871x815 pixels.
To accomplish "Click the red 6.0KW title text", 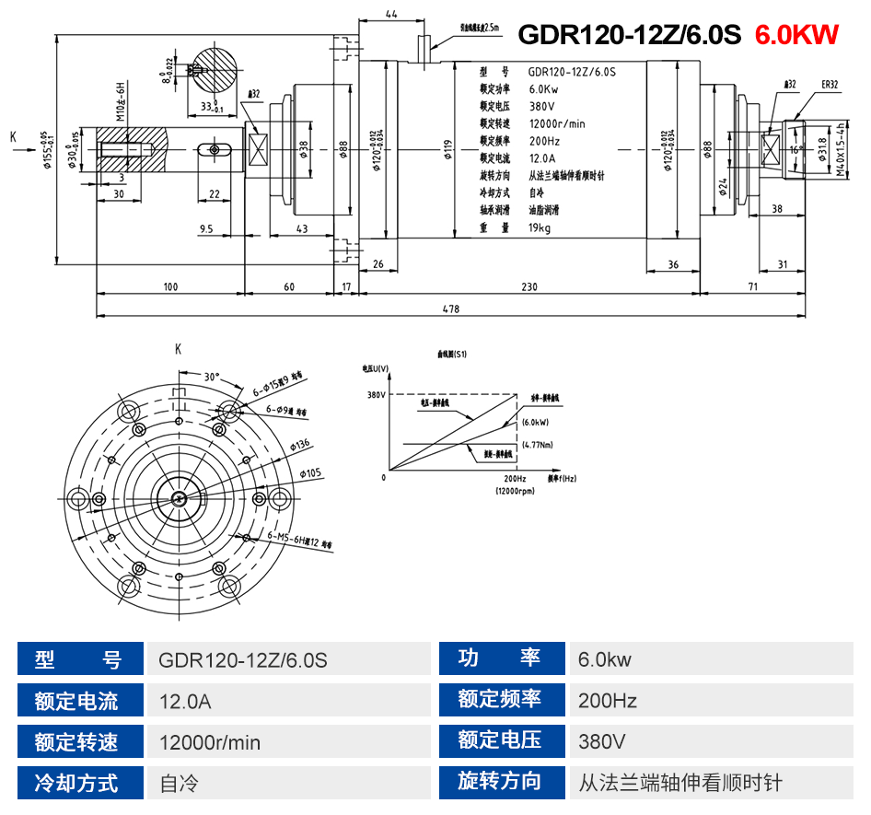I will [796, 35].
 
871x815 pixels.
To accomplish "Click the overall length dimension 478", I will [450, 309].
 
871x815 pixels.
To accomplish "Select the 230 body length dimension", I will [528, 287].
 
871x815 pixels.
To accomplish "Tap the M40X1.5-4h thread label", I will [841, 153].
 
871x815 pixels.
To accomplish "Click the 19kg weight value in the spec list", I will [540, 228].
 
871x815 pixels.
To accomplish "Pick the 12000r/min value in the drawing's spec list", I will [557, 123].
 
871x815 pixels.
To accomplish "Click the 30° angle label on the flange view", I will [212, 377].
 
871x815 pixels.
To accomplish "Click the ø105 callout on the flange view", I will [311, 473].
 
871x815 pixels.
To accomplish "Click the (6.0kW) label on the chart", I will [534, 423].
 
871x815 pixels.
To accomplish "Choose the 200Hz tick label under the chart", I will [515, 479].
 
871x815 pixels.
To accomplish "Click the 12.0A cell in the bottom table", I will [185, 702].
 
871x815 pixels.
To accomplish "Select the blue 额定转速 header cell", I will [76, 742].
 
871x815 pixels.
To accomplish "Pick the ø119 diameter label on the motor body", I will [447, 150].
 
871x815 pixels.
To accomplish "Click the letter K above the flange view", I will [178, 349].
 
